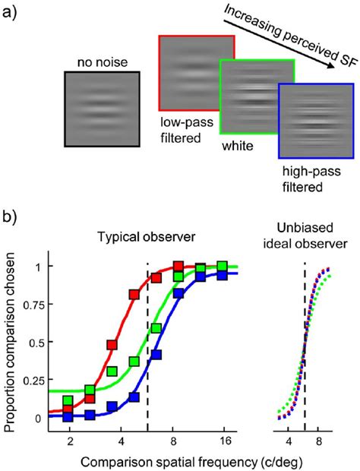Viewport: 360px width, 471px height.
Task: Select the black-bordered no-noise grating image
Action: (102, 109)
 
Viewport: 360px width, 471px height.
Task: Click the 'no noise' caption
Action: (101, 63)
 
